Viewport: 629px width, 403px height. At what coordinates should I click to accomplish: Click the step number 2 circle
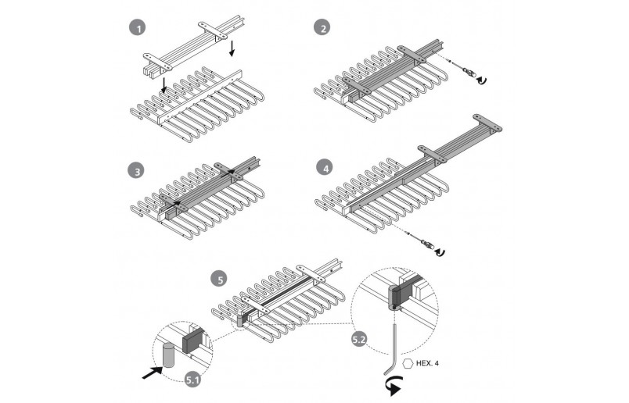pos(322,27)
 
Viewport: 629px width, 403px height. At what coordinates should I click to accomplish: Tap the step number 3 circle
pos(137,171)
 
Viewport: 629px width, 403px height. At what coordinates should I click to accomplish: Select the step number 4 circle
pos(325,168)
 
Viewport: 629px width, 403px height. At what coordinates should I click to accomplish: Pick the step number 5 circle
pos(220,279)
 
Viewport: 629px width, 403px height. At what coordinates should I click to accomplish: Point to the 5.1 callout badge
pos(192,380)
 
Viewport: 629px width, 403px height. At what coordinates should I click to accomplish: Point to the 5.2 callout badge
pos(359,339)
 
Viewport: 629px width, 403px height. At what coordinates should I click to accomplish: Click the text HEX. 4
pos(427,363)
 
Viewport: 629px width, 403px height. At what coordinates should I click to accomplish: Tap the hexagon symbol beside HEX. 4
pos(408,363)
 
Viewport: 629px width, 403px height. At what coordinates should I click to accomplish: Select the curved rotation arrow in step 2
pos(482,80)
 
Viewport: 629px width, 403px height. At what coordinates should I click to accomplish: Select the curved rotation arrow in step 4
pos(440,251)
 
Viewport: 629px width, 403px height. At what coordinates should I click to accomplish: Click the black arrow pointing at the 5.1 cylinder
pos(153,373)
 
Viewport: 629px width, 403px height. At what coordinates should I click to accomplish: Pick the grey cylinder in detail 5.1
pos(168,355)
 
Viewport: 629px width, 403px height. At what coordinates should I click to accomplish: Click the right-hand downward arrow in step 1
pos(232,48)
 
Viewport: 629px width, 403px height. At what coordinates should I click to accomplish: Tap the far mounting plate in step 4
pos(487,122)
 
